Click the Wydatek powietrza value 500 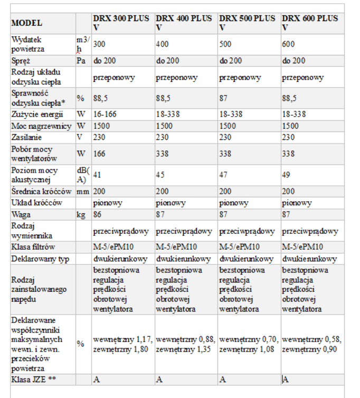tap(226, 44)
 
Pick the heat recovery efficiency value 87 tap(224, 98)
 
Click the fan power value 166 tap(100, 154)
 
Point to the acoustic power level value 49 tap(288, 175)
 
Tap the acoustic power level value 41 tap(98, 175)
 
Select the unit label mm tap(82, 191)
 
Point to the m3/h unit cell tap(82, 44)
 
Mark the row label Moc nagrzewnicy tap(41, 126)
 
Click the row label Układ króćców tap(37, 203)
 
